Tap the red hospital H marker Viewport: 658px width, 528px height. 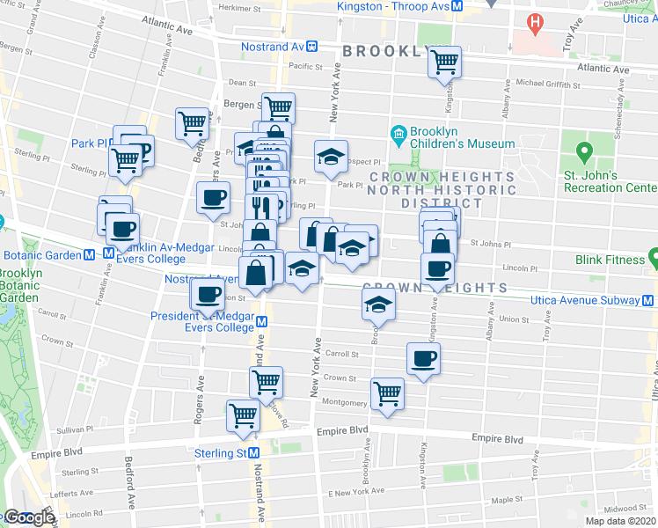pyautogui.click(x=533, y=20)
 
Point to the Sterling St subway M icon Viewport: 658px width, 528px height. pyautogui.click(x=253, y=452)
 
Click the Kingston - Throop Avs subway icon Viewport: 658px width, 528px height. pyautogui.click(x=457, y=6)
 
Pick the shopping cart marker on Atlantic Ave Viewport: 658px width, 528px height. pyautogui.click(x=445, y=62)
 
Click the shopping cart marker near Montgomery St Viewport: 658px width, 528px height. pyautogui.click(x=387, y=393)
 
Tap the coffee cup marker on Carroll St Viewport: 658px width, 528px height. pyautogui.click(x=423, y=358)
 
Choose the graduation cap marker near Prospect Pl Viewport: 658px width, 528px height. pyautogui.click(x=332, y=157)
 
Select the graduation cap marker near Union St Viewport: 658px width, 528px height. pyautogui.click(x=379, y=304)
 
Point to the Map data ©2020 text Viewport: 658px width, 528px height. pyautogui.click(x=620, y=521)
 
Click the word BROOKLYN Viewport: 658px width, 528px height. pyautogui.click(x=388, y=51)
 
